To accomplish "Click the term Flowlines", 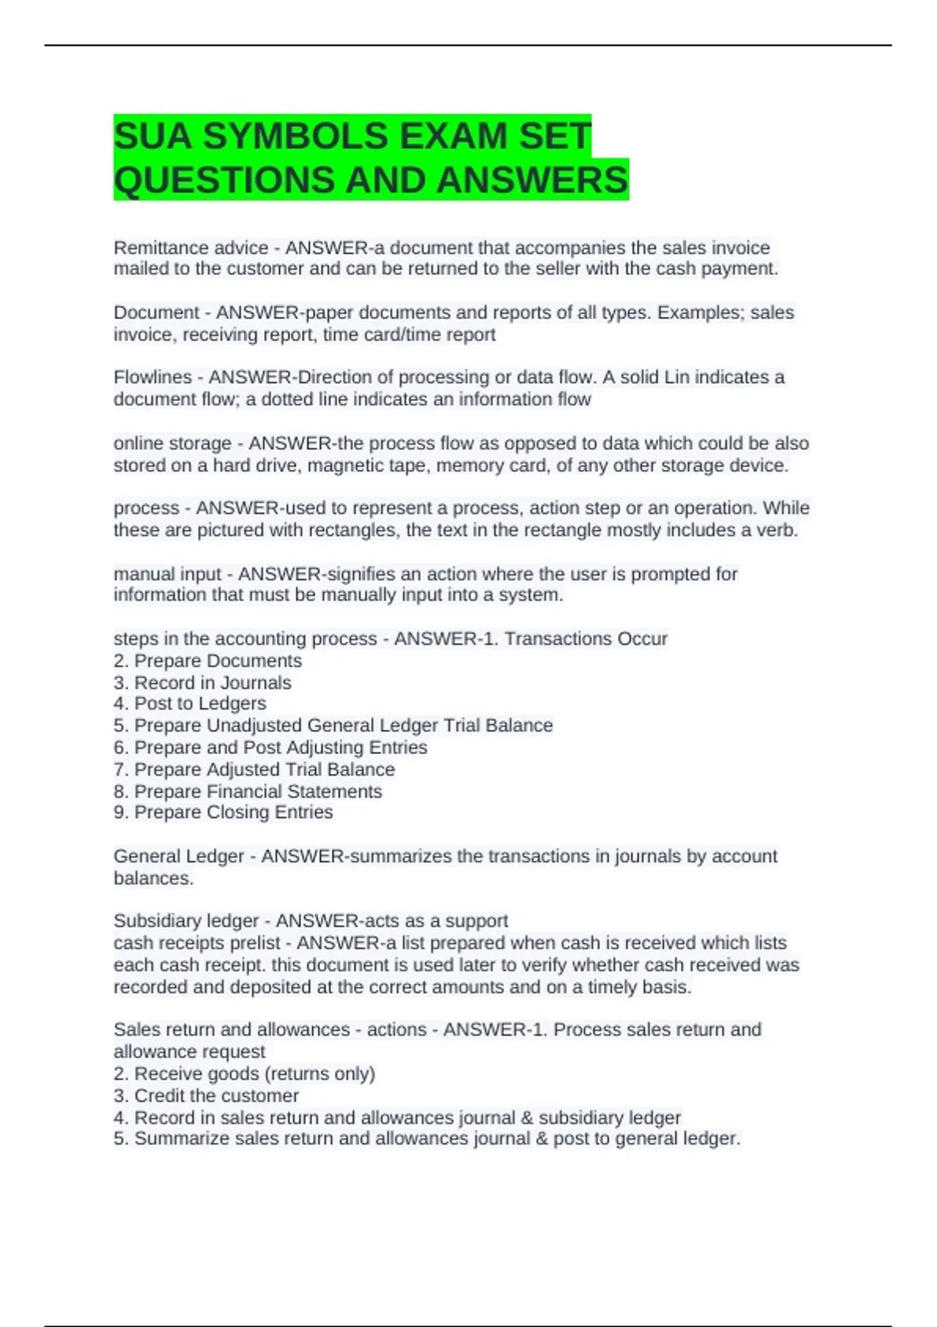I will pyautogui.click(x=152, y=377).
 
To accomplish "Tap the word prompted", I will pyautogui.click(x=668, y=574).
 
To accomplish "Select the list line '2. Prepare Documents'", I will pyautogui.click(x=208, y=660).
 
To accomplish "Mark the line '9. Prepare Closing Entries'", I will pyautogui.click(x=223, y=812).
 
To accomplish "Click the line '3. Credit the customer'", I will pyautogui.click(x=206, y=1095).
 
